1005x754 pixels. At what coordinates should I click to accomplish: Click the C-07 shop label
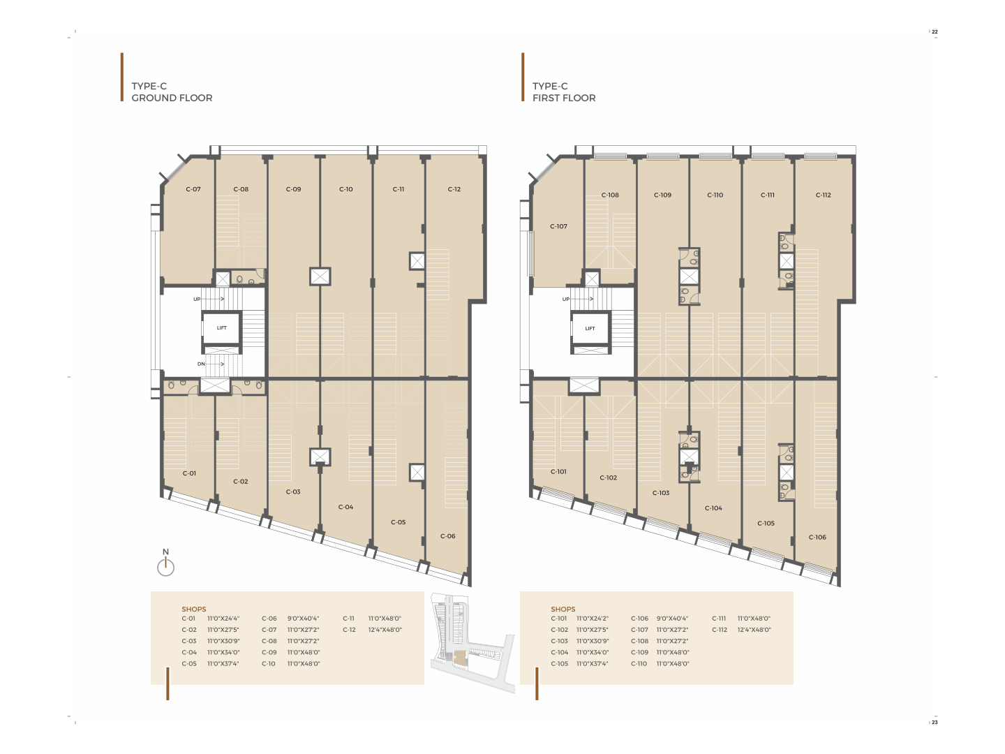point(193,189)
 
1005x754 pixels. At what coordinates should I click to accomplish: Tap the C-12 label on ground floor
point(454,189)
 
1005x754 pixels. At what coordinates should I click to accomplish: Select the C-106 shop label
point(817,537)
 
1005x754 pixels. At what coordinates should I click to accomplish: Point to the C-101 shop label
point(558,471)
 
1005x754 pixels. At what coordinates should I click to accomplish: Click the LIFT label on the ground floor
point(222,328)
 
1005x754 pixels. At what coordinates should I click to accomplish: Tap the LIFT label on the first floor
point(590,328)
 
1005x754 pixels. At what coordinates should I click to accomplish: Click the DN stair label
point(201,364)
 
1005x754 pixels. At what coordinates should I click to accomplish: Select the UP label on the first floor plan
point(566,299)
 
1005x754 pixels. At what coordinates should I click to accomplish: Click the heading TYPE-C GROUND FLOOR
point(172,92)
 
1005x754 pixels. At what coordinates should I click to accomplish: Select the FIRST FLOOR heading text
point(564,98)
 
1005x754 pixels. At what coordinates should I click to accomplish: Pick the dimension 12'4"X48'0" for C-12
point(385,630)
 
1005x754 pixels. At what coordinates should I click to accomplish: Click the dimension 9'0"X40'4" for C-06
point(303,618)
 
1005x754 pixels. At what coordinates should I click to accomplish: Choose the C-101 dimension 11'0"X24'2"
point(593,618)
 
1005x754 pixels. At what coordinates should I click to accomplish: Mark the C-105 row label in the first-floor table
point(560,663)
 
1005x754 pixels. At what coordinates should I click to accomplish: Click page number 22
point(935,31)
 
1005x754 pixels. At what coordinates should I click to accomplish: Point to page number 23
point(935,722)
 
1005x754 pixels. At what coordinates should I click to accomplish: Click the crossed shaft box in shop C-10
point(320,276)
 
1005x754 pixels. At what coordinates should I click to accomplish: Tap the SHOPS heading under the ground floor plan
point(194,609)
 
